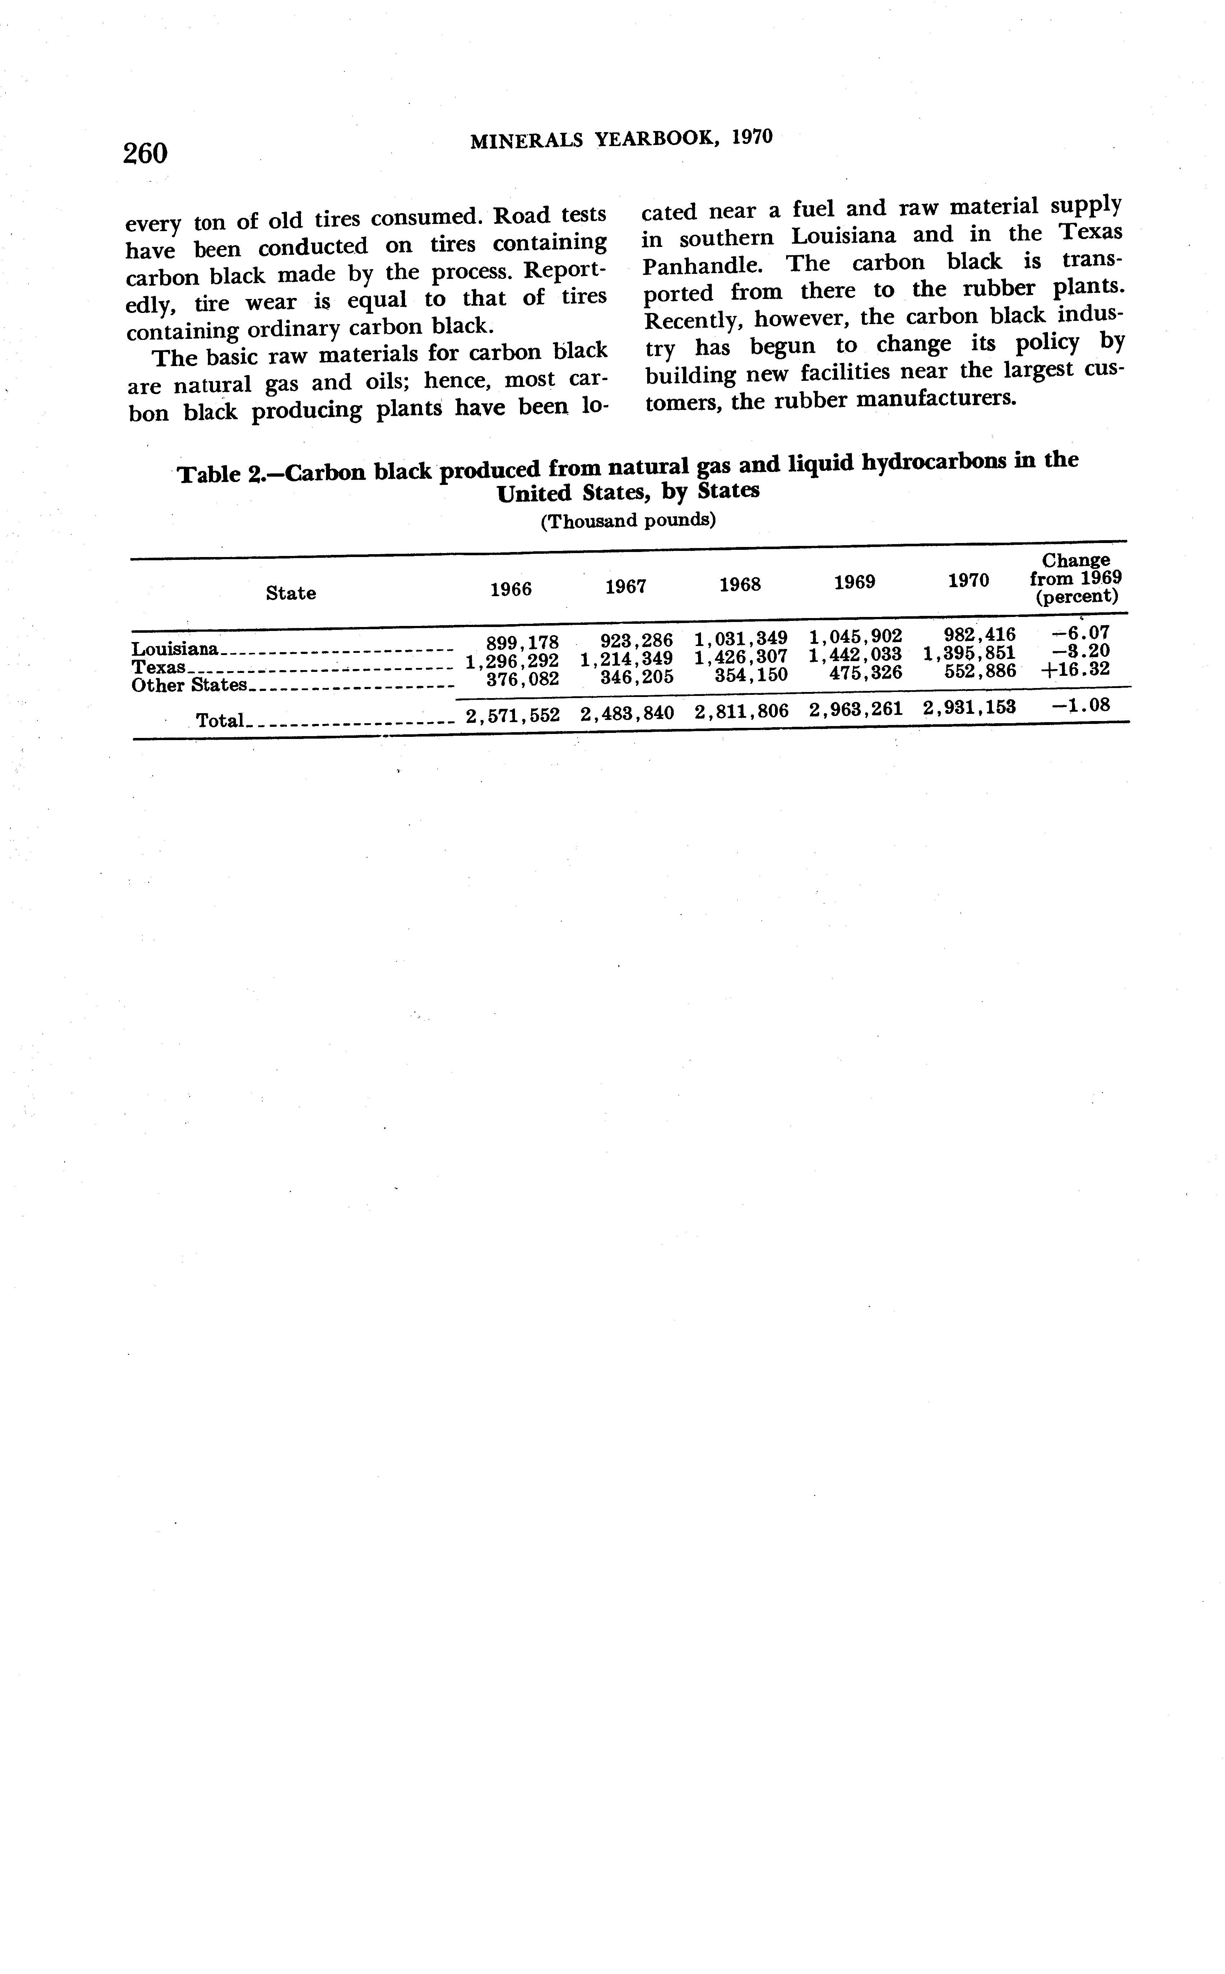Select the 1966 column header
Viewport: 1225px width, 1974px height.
[x=511, y=589]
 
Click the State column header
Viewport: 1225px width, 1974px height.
[x=291, y=593]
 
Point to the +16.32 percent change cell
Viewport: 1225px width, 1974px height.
[x=1075, y=670]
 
